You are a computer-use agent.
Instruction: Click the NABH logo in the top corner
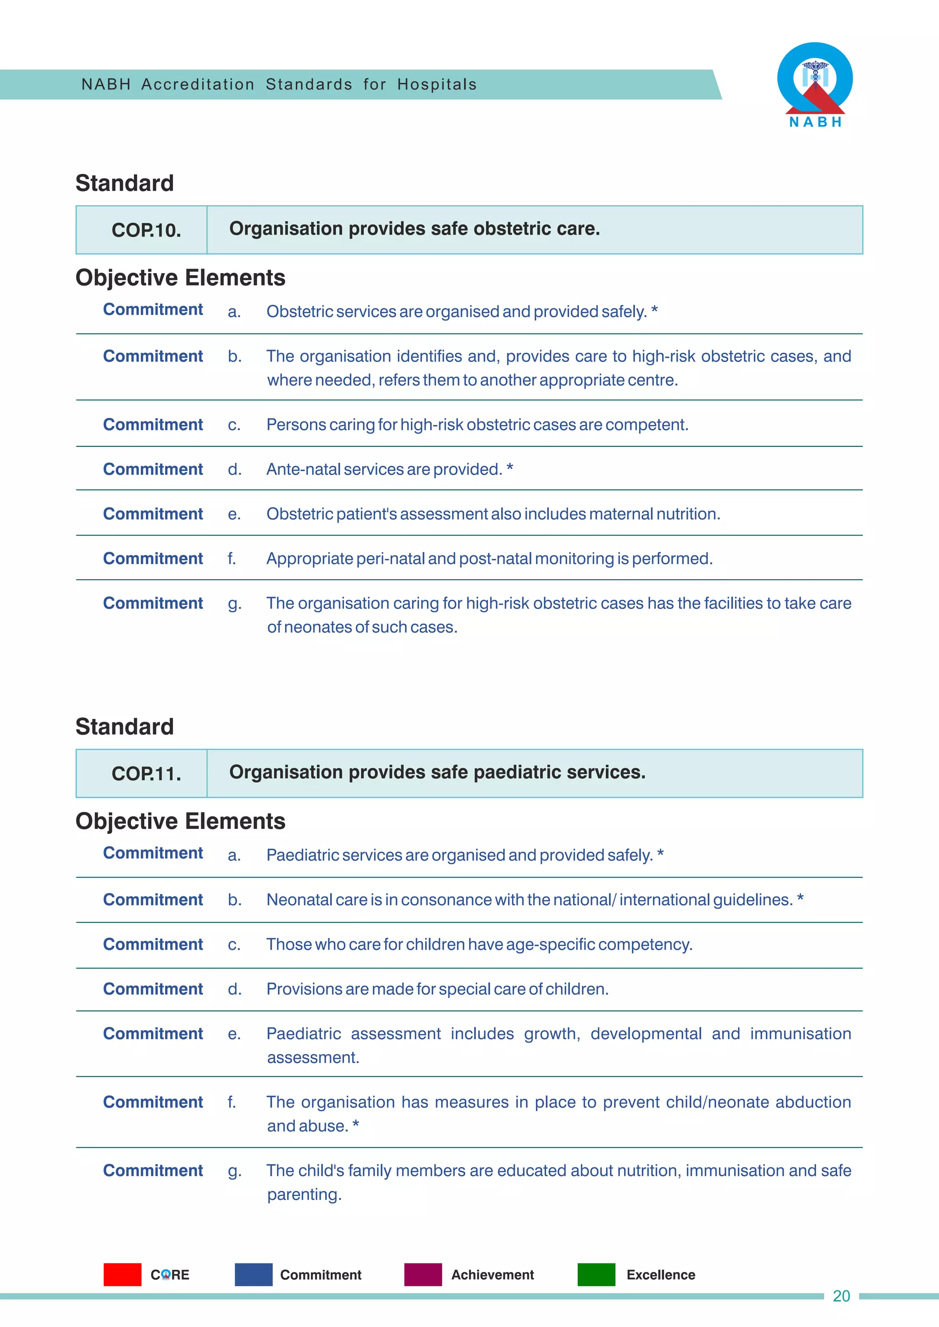pyautogui.click(x=815, y=84)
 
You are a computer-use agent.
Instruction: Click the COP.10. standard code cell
pyautogui.click(x=146, y=230)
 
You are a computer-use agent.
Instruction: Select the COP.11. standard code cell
pyautogui.click(x=146, y=773)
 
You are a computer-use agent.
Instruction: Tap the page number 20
pyautogui.click(x=841, y=1296)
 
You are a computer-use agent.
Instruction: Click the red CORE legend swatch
pyautogui.click(x=122, y=1274)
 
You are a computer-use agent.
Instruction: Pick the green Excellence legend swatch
pyautogui.click(x=596, y=1274)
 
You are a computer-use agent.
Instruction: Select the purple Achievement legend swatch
pyautogui.click(x=423, y=1274)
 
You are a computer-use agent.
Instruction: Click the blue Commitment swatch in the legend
pyautogui.click(x=253, y=1274)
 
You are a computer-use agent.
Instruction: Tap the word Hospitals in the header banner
pyautogui.click(x=436, y=84)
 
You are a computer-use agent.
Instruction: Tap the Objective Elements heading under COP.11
pyautogui.click(x=180, y=821)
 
